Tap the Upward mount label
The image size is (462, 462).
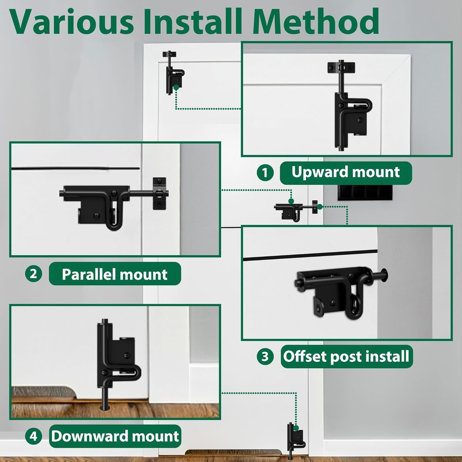tap(346, 172)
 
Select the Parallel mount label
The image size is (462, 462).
tap(115, 274)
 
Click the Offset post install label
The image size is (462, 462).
tap(346, 357)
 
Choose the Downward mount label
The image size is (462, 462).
tap(115, 436)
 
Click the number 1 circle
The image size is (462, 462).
tap(265, 173)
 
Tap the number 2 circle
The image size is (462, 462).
tap(33, 274)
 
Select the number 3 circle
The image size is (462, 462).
tap(265, 357)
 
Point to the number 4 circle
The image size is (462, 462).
tap(33, 436)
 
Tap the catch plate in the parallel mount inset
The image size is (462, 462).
tap(159, 194)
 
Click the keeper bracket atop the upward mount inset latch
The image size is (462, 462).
tap(341, 68)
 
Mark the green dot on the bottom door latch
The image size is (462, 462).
tap(296, 428)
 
